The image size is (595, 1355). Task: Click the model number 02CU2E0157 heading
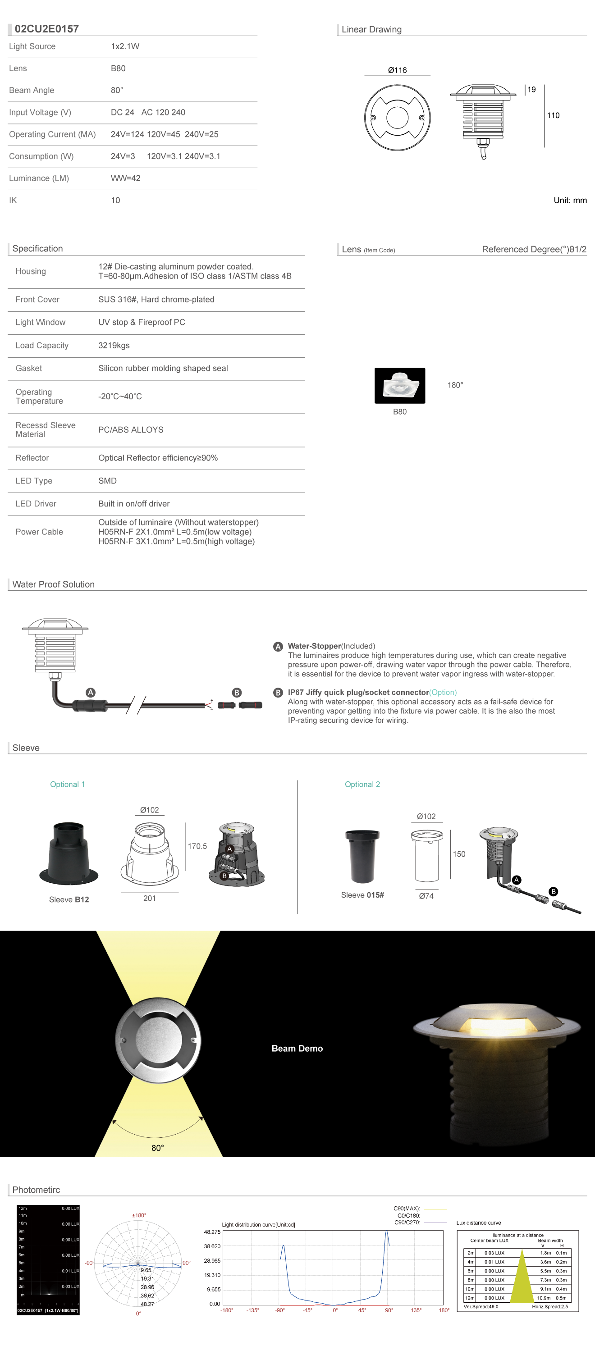tap(47, 29)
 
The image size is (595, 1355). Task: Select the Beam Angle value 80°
tap(117, 91)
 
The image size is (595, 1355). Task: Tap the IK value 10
tap(115, 201)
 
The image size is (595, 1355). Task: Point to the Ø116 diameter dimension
tap(397, 70)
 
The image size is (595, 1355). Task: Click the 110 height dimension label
tap(553, 116)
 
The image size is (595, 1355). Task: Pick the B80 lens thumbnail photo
tap(400, 386)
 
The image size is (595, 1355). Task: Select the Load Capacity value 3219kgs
tap(114, 346)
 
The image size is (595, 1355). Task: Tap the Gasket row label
tap(29, 369)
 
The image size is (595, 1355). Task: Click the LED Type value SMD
tap(107, 481)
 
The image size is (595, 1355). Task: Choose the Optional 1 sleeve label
tap(67, 784)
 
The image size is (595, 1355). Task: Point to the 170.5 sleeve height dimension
tap(197, 846)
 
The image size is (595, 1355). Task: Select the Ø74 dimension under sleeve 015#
tap(426, 896)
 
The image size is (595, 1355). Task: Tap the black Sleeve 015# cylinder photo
tap(362, 856)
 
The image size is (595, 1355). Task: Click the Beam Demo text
tap(297, 1048)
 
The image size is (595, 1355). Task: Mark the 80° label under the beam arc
tap(158, 1148)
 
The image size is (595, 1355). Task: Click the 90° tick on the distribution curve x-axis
tap(389, 1310)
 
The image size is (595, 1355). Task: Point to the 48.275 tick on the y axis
tap(212, 1232)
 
